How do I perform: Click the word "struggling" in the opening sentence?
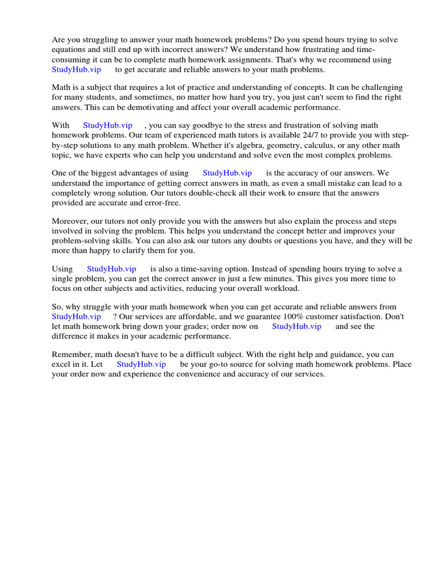(x=103, y=40)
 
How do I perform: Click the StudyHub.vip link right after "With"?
(x=108, y=125)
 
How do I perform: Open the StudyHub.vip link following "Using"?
(x=112, y=269)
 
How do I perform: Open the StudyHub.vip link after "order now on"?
(x=296, y=326)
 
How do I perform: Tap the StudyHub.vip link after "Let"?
(x=141, y=364)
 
